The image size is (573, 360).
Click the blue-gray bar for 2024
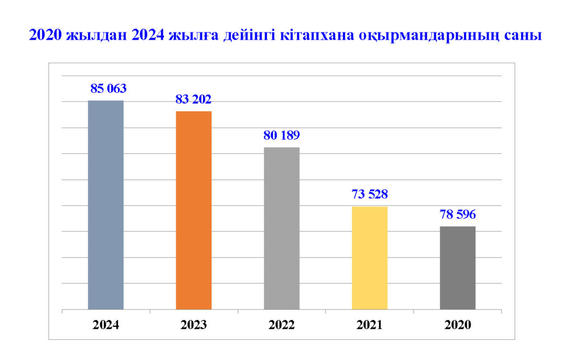pyautogui.click(x=106, y=204)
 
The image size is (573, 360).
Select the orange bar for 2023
pyautogui.click(x=194, y=210)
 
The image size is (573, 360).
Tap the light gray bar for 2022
pyautogui.click(x=281, y=228)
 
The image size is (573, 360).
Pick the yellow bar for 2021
pyautogui.click(x=369, y=258)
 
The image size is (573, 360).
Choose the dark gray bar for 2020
pyautogui.click(x=457, y=267)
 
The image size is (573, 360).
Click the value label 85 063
pyautogui.click(x=109, y=88)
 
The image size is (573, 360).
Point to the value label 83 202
pyautogui.click(x=194, y=99)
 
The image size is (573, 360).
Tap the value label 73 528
pyautogui.click(x=369, y=194)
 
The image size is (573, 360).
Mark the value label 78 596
pyautogui.click(x=457, y=214)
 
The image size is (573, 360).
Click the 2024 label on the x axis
pyautogui.click(x=106, y=325)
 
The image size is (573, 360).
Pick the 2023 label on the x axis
pyautogui.click(x=194, y=325)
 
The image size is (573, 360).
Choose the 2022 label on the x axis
pyautogui.click(x=281, y=325)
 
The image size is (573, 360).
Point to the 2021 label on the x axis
pyautogui.click(x=369, y=325)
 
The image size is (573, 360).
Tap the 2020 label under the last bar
pyautogui.click(x=457, y=325)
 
